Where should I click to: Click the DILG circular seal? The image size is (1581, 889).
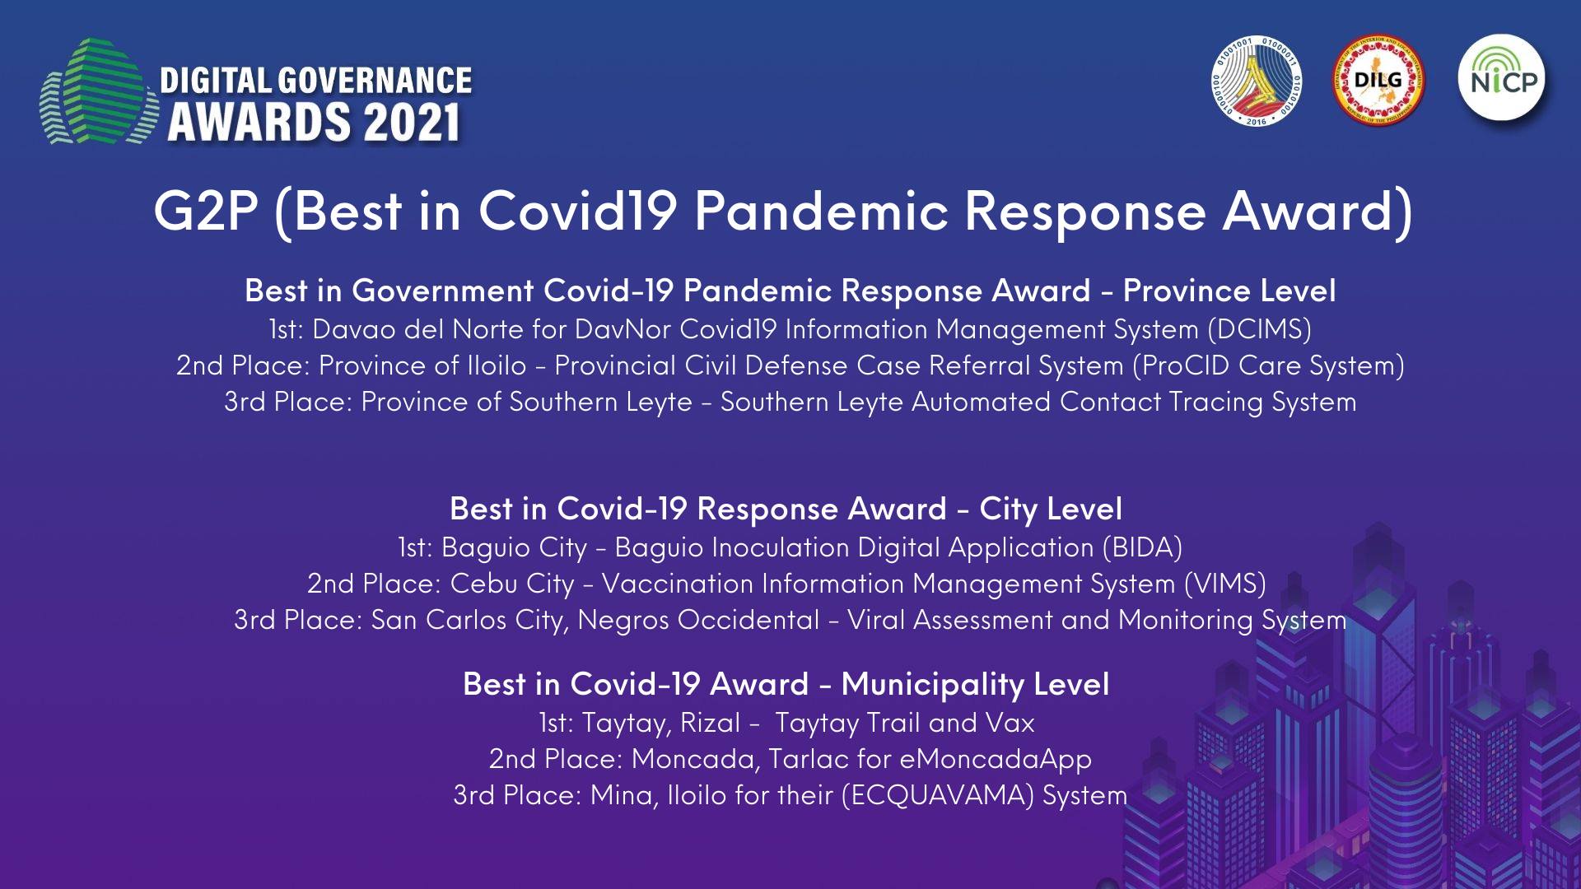pos(1378,80)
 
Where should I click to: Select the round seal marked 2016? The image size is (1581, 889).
pos(1257,80)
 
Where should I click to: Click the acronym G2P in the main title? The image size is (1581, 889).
pos(206,211)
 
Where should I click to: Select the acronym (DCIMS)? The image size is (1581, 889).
pos(1259,329)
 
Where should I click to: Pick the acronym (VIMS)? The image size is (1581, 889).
pos(1224,584)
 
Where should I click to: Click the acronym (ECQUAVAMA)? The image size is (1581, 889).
pos(938,795)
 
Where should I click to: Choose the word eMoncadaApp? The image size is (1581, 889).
pos(996,759)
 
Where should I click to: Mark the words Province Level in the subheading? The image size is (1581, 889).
pos(1229,291)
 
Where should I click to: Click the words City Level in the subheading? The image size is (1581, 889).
pos(1051,509)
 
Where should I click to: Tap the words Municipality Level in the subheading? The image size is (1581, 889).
pos(976,684)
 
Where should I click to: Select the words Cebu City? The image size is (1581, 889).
pos(512,584)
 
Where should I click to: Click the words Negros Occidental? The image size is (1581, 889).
pos(699,620)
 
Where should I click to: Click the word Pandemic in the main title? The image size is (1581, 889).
pos(821,211)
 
